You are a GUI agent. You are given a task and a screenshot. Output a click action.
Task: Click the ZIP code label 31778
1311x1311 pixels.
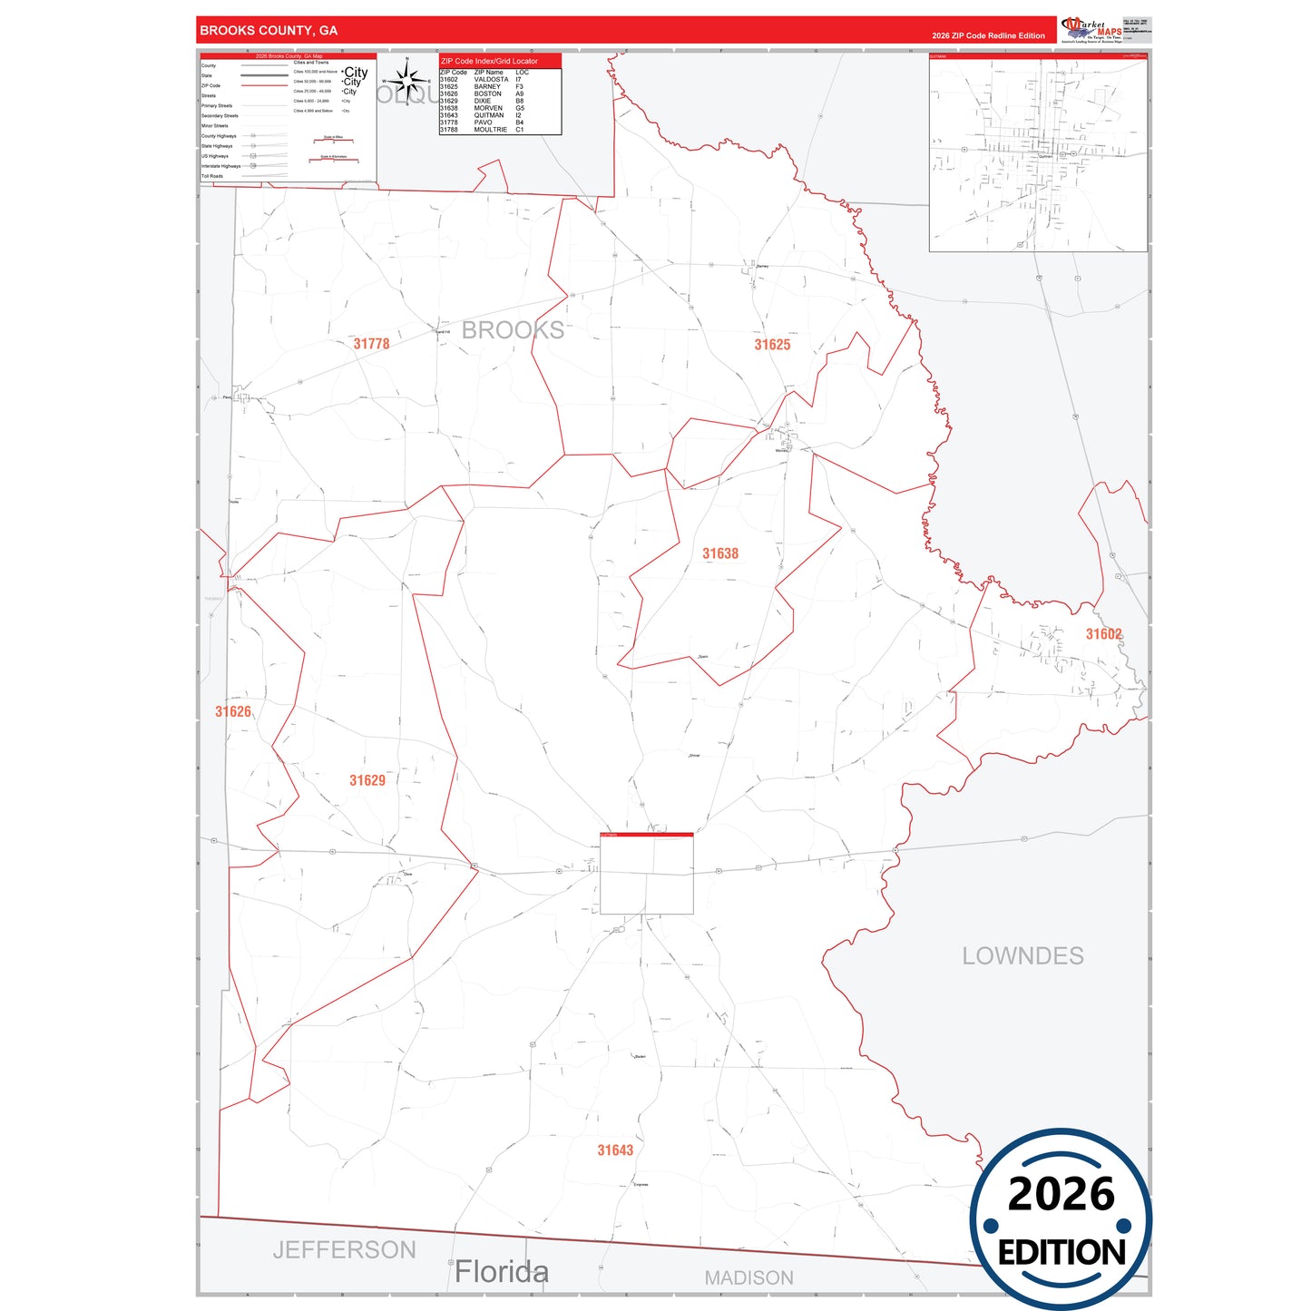371,344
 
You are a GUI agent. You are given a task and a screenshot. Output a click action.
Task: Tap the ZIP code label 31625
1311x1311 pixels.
772,345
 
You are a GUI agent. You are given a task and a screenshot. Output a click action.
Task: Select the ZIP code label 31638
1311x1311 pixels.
720,553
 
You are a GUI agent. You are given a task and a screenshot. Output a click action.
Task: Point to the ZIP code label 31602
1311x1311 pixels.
1103,634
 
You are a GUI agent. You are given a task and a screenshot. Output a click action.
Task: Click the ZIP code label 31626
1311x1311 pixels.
233,712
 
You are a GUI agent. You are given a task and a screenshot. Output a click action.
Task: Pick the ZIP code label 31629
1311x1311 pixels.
367,780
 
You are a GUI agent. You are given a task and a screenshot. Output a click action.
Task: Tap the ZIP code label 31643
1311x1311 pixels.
615,1150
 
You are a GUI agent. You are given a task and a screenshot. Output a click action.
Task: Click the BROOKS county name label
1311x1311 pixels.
513,330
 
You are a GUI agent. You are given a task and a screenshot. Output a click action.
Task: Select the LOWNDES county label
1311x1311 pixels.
1022,956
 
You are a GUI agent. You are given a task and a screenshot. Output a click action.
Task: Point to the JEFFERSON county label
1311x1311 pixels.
344,1250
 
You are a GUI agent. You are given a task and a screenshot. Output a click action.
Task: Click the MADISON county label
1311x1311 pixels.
748,1277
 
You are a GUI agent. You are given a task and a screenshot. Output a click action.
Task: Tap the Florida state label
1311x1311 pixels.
502,1272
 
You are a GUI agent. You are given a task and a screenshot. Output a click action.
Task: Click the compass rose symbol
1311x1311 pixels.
407,82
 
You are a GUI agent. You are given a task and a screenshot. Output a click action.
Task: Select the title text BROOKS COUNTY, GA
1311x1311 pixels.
269,31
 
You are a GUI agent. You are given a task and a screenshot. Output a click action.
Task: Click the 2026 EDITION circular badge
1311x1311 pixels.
1061,1219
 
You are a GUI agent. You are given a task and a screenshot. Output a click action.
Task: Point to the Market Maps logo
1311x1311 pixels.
1091,29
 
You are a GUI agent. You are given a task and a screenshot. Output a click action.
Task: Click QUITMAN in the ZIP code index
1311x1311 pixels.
488,115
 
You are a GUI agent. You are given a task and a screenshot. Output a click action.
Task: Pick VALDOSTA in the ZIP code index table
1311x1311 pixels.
491,80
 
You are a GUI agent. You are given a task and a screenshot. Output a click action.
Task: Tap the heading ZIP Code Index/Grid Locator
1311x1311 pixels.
489,61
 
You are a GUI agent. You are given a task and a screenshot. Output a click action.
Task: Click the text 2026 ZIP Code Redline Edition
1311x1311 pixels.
988,35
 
